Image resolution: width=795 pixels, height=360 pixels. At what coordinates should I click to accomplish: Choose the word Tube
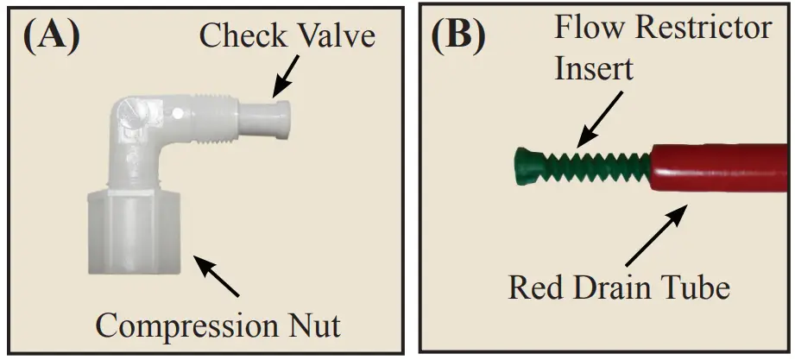point(697,287)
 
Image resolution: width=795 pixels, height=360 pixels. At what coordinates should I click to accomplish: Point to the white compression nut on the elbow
point(135,231)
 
